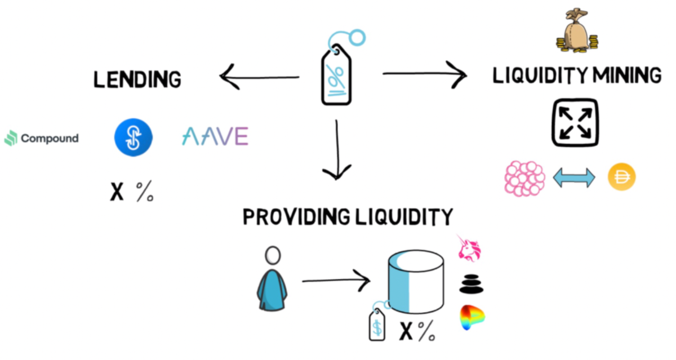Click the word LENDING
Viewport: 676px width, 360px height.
point(137,79)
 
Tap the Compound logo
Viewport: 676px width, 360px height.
point(42,138)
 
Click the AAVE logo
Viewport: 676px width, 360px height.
point(215,136)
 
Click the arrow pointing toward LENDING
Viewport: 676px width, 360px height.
point(259,77)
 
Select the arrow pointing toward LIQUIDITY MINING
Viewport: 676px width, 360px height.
point(424,73)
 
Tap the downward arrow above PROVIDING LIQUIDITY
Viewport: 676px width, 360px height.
point(337,149)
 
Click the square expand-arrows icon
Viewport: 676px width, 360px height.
point(575,123)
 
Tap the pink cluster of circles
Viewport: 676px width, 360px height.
point(524,178)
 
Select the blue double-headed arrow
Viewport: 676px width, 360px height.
point(573,179)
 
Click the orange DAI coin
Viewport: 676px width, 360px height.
point(621,178)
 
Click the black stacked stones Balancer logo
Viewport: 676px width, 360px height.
point(472,283)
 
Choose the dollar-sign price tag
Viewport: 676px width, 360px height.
point(377,324)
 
